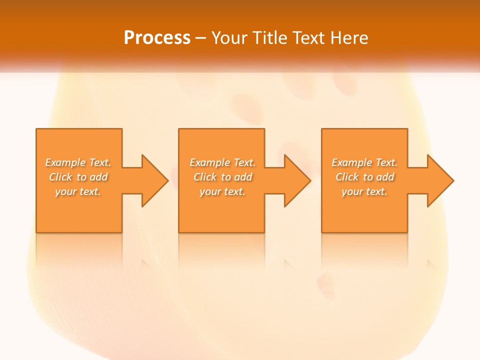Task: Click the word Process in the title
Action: point(157,37)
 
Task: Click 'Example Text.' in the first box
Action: point(78,162)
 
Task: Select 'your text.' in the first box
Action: point(78,191)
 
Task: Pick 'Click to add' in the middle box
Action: point(222,177)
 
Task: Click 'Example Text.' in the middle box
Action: point(222,162)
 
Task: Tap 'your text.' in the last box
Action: point(364,191)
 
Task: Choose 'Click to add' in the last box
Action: point(364,177)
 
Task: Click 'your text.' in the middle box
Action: point(222,191)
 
